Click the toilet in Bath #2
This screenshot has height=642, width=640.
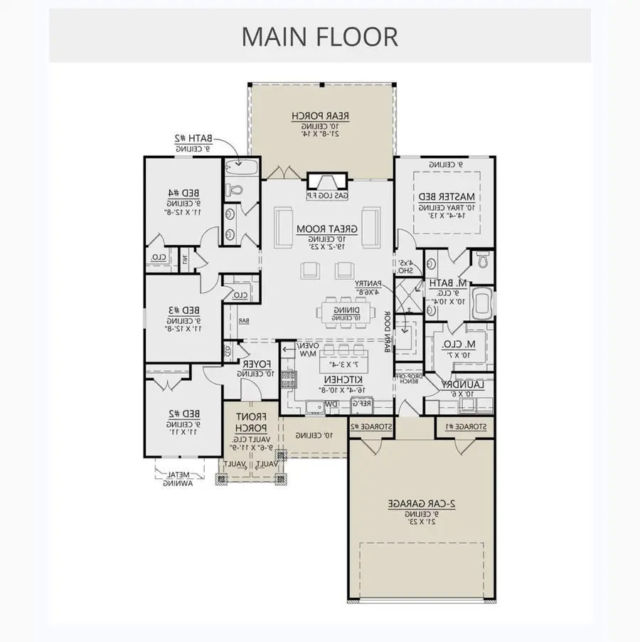[235, 190]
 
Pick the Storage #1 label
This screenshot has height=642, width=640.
[465, 426]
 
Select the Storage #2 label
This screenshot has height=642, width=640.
[369, 426]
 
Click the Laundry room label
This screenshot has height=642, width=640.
[462, 385]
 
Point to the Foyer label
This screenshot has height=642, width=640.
[251, 364]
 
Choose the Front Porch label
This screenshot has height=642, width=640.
[251, 422]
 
